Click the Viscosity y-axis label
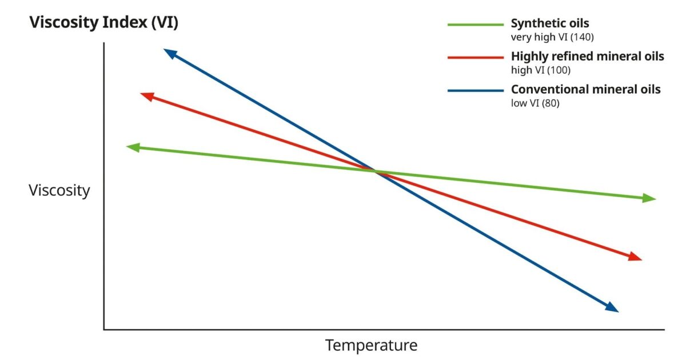point(59,190)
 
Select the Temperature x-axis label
point(371,345)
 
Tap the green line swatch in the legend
point(474,25)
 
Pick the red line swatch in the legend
point(474,57)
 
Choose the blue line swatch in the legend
point(474,90)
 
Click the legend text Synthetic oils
point(549,24)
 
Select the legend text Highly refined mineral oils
point(587,57)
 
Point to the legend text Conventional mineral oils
point(585,90)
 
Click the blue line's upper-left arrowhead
point(170,53)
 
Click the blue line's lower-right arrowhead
point(612,308)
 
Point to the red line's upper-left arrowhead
point(147,96)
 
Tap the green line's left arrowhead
point(133,147)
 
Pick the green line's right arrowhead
point(649,198)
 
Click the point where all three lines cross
point(375,171)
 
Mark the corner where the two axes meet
point(104,329)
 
